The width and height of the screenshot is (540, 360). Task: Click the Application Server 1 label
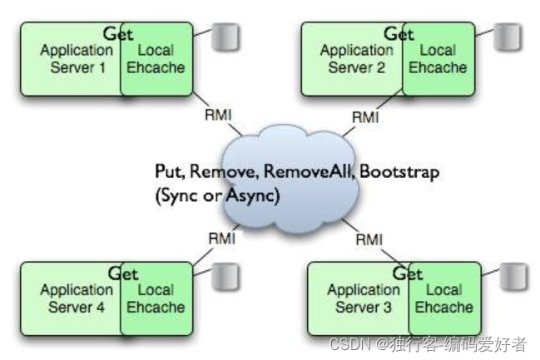pos(77,58)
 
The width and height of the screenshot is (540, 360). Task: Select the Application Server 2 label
pos(357,58)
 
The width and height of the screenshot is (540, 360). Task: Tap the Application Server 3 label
pos(364,298)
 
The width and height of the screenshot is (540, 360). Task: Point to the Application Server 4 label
pos(76,298)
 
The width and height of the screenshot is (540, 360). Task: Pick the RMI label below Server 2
pos(364,116)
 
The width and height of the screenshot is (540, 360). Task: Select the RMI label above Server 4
pos(220,239)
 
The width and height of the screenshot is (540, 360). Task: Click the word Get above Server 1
pos(119,33)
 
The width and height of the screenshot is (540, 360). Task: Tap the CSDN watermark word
pos(347,343)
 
